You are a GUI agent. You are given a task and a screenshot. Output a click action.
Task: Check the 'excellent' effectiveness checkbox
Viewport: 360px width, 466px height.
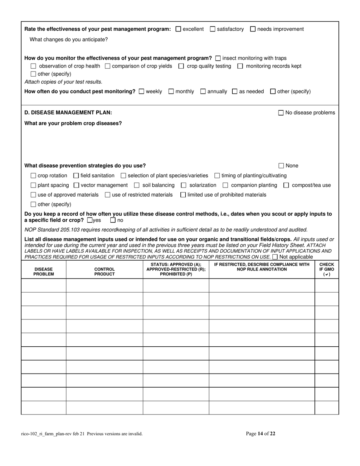tap(178, 29)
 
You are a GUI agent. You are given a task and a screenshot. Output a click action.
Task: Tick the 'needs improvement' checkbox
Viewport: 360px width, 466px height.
tap(253, 29)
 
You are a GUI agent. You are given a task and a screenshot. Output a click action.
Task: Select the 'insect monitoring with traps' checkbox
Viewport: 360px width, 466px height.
tap(218, 58)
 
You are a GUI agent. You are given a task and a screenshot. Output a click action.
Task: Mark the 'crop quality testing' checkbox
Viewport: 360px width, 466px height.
tap(181, 66)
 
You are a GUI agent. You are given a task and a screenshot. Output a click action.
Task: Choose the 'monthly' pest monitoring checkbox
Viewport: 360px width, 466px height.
tap(171, 91)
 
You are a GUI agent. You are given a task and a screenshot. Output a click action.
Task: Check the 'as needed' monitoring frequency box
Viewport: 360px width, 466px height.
tap(235, 91)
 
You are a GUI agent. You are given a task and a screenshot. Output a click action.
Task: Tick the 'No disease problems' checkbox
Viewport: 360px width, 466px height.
tap(281, 113)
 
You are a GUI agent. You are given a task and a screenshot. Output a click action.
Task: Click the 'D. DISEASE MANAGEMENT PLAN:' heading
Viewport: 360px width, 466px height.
tap(68, 113)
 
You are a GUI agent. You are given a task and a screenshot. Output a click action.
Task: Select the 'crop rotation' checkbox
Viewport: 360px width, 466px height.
tap(33, 176)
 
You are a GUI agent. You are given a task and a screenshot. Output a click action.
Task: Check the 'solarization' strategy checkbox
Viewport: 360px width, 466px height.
tap(184, 185)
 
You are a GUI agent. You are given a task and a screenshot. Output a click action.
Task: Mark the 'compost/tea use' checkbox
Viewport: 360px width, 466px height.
tap(286, 185)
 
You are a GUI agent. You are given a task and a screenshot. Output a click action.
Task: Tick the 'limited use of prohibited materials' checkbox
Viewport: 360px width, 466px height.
tap(183, 195)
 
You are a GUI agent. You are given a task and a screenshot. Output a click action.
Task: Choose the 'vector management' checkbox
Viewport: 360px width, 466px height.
tap(76, 185)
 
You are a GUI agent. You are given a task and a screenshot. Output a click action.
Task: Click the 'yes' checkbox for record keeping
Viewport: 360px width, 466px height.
tap(89, 220)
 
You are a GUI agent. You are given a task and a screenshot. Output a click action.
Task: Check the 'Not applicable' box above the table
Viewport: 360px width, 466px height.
tap(275, 257)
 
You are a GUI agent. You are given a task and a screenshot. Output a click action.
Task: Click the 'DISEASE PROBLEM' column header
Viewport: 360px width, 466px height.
tap(44, 272)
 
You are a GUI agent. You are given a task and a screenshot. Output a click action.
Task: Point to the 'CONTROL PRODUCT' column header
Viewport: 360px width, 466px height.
tap(104, 272)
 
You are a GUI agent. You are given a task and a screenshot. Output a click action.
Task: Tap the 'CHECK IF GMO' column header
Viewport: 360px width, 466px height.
tap(327, 269)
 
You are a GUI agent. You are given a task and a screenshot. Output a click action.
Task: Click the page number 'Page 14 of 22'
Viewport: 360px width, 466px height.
tap(261, 434)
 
